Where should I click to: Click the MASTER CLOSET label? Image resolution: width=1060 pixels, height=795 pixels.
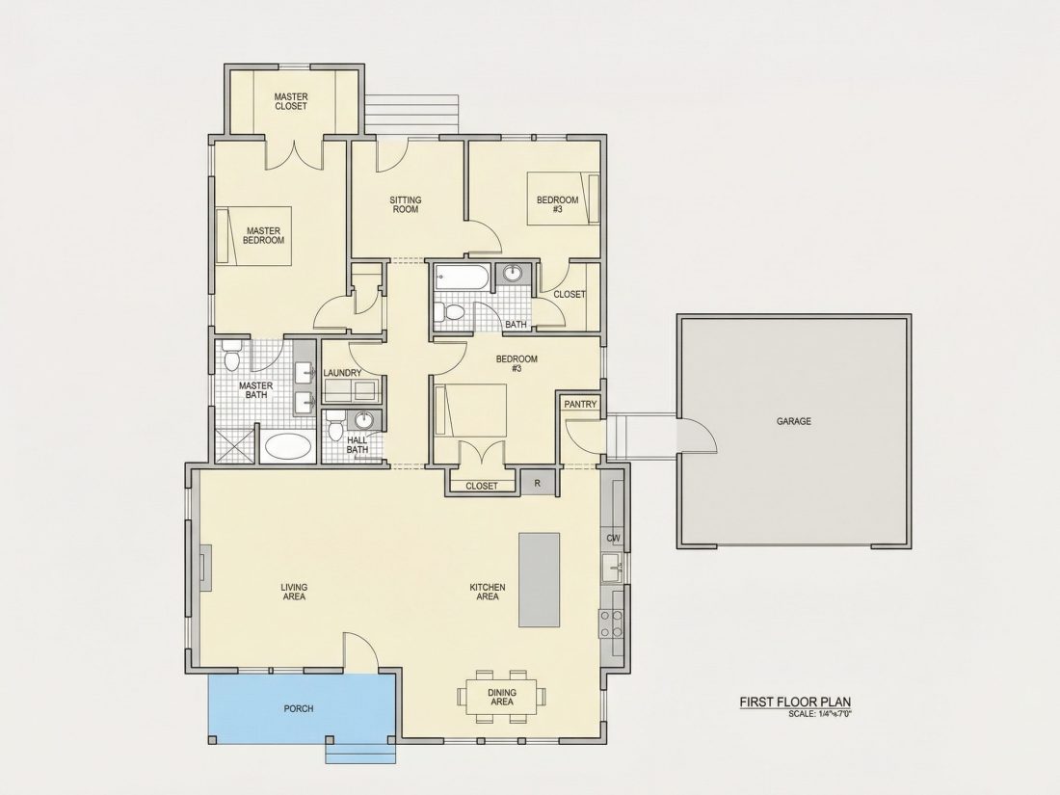tap(291, 101)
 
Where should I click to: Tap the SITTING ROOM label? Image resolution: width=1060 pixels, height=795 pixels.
tap(406, 204)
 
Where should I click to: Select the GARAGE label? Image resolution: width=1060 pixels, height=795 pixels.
tap(794, 421)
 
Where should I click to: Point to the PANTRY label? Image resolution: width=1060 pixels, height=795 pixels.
tap(581, 405)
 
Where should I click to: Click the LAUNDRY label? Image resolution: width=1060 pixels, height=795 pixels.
tap(342, 373)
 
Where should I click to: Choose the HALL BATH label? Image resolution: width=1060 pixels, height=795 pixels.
tap(357, 445)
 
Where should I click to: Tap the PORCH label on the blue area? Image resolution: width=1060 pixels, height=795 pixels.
tap(298, 708)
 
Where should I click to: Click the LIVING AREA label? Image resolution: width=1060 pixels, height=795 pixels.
tap(293, 592)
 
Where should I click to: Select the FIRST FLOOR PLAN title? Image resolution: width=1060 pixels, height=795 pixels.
tap(795, 702)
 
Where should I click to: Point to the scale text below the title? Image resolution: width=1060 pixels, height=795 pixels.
tap(824, 714)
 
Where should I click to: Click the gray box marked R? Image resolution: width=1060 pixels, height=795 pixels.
tap(538, 484)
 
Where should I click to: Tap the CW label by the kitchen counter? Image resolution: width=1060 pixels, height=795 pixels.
tap(614, 538)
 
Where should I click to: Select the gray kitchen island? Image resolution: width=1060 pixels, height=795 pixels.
tap(539, 580)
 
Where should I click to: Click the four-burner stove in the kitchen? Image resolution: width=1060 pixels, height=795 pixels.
tap(611, 623)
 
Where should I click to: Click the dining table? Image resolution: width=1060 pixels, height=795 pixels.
tap(502, 697)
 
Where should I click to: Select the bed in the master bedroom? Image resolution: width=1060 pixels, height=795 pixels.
tap(253, 235)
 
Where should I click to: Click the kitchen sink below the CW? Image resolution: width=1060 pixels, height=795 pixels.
tap(614, 567)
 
